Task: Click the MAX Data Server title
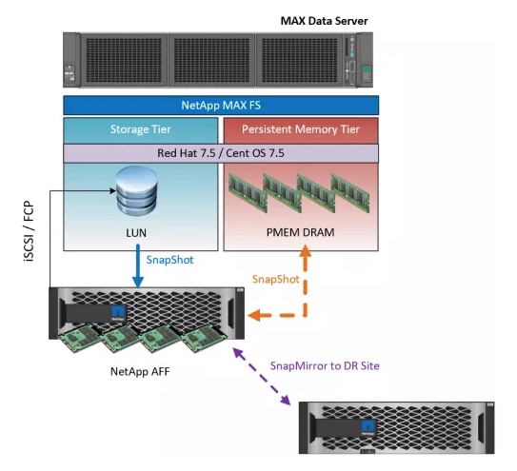tap(324, 21)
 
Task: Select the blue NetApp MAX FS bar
tap(221, 106)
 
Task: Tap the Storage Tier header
tap(141, 129)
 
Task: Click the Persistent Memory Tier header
tap(301, 129)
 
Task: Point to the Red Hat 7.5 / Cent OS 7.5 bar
tap(221, 153)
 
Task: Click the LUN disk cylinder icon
tap(137, 190)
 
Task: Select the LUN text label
tap(136, 233)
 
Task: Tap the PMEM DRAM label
tap(300, 232)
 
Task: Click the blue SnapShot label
tap(169, 260)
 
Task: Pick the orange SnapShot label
tap(276, 279)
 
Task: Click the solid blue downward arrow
tap(138, 266)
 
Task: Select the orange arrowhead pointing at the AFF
tap(254, 315)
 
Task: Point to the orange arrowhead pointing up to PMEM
tap(306, 251)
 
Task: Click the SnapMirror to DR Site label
tap(325, 365)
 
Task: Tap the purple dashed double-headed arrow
tap(262, 376)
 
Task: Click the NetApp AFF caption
tap(140, 371)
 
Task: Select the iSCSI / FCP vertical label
tap(29, 231)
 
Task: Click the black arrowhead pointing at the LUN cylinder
tap(112, 190)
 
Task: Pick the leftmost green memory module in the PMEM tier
tap(248, 193)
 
